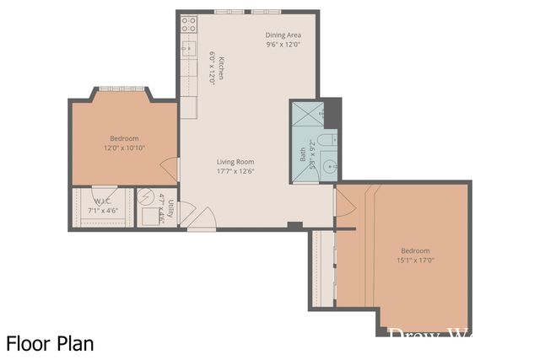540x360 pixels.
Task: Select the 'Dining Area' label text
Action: point(283,35)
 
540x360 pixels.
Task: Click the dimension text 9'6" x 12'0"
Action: point(283,45)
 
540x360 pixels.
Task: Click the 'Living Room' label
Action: point(235,162)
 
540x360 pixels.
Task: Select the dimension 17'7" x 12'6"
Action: point(235,171)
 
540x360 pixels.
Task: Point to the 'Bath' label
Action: point(301,155)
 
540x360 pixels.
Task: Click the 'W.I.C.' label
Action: point(103,201)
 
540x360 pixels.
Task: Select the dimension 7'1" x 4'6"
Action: point(103,210)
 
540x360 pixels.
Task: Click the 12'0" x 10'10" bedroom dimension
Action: point(124,148)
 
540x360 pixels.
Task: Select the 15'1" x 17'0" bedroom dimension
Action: point(414,261)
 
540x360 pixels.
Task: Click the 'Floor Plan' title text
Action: point(50,343)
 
